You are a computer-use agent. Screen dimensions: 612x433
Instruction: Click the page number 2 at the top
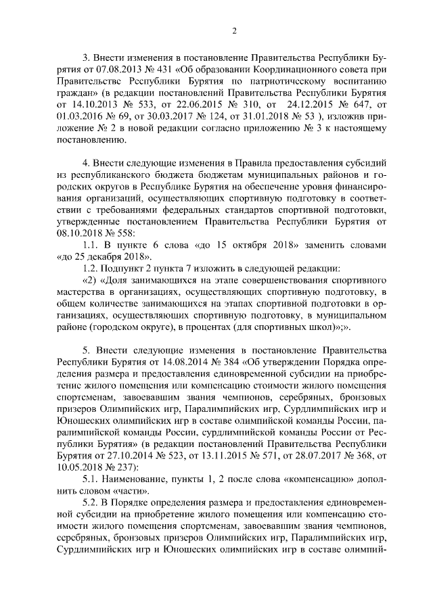click(x=233, y=30)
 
